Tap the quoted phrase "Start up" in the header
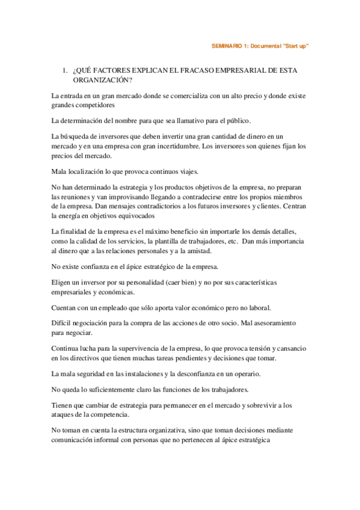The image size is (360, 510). [x=294, y=46]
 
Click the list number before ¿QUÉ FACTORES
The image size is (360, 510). [x=65, y=71]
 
